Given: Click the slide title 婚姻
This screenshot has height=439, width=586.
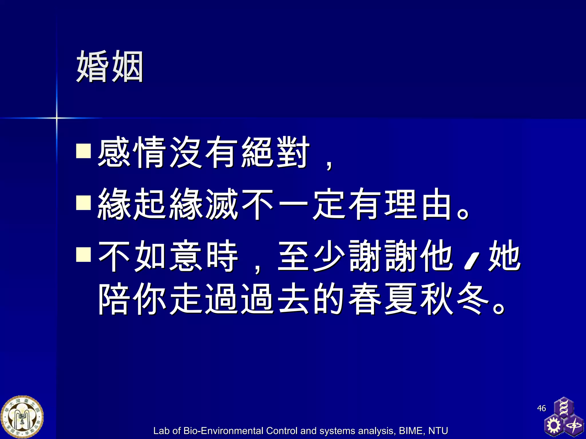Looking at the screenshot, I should [x=110, y=66].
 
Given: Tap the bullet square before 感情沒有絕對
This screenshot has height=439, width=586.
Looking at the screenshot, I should [x=83, y=151].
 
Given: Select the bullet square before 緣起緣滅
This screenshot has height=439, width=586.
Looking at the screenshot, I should [x=83, y=203].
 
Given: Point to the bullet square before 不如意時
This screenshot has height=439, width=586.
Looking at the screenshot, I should [x=83, y=254].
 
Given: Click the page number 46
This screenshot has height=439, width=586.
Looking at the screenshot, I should [x=541, y=408].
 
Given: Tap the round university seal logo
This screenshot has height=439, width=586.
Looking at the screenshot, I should [x=22, y=417].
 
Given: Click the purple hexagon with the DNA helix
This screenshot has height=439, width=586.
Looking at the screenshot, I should [x=563, y=407].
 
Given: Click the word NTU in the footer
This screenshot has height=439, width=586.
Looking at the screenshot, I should [x=438, y=431].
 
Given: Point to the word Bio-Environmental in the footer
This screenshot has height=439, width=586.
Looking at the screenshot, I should [x=223, y=431].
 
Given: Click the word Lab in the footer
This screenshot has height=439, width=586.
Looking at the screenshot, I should [x=162, y=431].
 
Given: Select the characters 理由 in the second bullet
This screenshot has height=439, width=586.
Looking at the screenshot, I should [x=418, y=203].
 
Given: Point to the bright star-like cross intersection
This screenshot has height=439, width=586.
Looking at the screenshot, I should [x=57, y=117].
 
